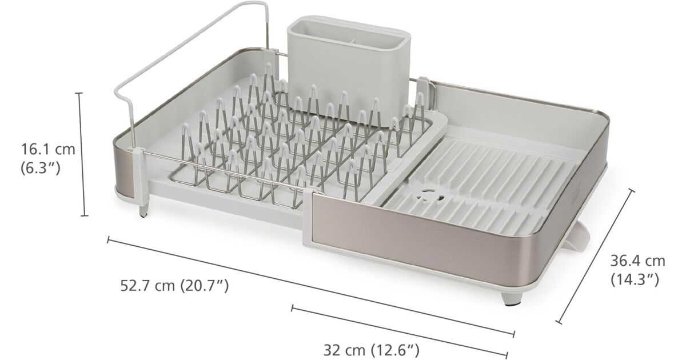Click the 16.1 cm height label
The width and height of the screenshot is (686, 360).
pos(48,149)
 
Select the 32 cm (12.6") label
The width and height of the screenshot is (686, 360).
pos(372,350)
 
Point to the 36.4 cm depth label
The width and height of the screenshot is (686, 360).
pos(637,261)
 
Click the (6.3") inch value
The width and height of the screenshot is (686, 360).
pos(40,168)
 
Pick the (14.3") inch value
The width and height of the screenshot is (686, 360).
pos(635,279)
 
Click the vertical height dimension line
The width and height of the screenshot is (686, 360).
pos(82,154)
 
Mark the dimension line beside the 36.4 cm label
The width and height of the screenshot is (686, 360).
pos(595,257)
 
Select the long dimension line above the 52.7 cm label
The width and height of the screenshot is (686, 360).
pos(310,287)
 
